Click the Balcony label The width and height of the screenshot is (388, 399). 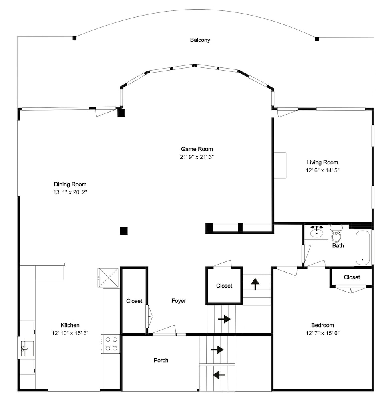pyautogui.click(x=200, y=40)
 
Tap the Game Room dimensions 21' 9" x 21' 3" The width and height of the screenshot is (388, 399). pyautogui.click(x=197, y=157)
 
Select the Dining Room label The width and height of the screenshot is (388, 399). pyautogui.click(x=70, y=184)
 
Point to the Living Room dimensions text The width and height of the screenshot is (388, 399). pyautogui.click(x=322, y=170)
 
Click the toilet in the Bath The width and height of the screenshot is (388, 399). pyautogui.click(x=336, y=233)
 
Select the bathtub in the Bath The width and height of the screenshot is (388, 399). pyautogui.click(x=362, y=248)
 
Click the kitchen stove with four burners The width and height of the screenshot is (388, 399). pyautogui.click(x=111, y=344)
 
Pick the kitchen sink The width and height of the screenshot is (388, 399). pyautogui.click(x=26, y=348)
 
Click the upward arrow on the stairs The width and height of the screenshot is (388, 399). pyautogui.click(x=255, y=284)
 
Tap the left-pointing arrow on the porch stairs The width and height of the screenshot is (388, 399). pyautogui.click(x=219, y=375)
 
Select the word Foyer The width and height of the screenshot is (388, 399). pyautogui.click(x=179, y=301)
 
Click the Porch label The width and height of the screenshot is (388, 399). pyautogui.click(x=161, y=360)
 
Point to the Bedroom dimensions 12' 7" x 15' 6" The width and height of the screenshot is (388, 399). pyautogui.click(x=322, y=333)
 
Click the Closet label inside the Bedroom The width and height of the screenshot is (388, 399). pyautogui.click(x=352, y=277)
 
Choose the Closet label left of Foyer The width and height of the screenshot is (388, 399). pyautogui.click(x=134, y=301)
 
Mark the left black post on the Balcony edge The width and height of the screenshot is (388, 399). pyautogui.click(x=74, y=38)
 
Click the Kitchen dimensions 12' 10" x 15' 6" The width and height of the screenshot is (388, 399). pyautogui.click(x=70, y=333)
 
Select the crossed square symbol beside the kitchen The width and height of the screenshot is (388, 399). pyautogui.click(x=109, y=278)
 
